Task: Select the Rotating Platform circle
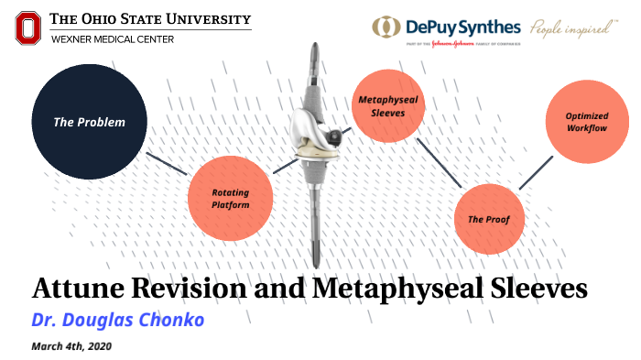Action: (x=231, y=198)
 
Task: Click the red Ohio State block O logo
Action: (x=28, y=27)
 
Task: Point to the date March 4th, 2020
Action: (x=72, y=346)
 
